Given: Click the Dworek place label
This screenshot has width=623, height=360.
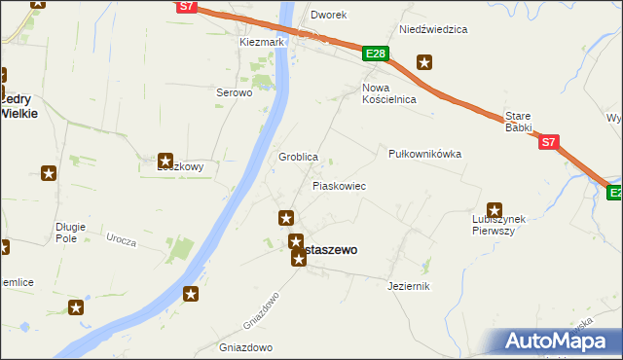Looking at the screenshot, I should [328, 16].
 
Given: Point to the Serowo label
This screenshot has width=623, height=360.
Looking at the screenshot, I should [234, 93].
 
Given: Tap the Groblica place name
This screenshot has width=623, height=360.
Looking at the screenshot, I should [299, 157].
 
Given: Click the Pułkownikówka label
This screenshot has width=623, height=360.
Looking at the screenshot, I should [424, 154].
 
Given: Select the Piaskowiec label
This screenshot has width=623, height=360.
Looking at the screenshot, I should [339, 185].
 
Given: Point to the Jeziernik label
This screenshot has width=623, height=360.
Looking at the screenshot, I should [408, 286].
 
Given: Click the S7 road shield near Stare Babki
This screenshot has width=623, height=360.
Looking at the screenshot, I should [549, 142].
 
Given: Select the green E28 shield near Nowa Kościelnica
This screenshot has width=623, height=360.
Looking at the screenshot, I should [377, 54].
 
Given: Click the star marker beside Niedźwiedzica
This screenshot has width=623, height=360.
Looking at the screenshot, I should [424, 63].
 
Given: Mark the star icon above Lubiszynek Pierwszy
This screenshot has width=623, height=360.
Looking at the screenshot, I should [495, 209].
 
